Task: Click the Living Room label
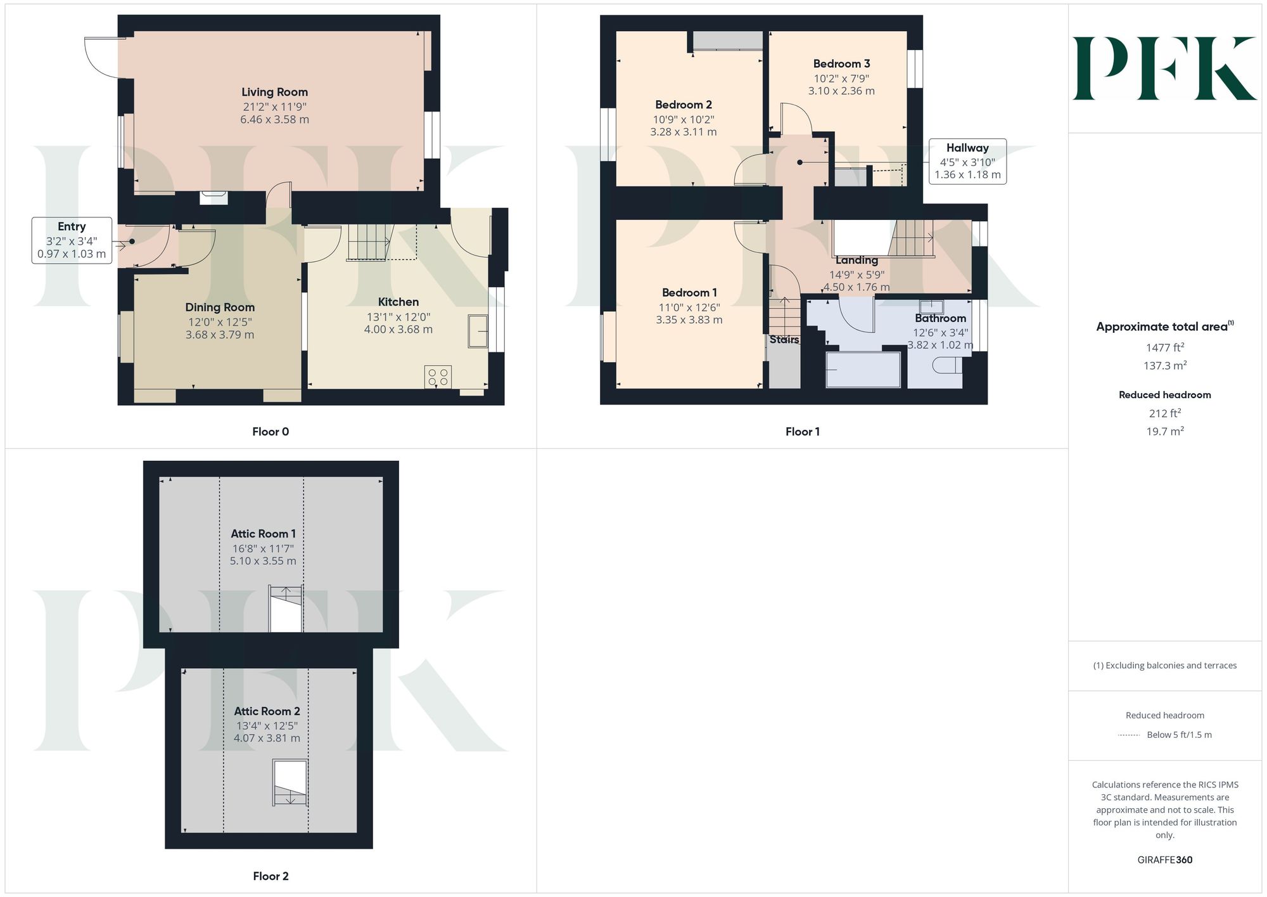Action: click(274, 92)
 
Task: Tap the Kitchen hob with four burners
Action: click(438, 377)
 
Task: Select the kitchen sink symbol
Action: click(478, 331)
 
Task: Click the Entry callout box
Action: click(72, 240)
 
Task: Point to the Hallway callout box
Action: click(967, 161)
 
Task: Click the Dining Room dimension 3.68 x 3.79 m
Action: click(220, 335)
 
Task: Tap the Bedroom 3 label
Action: click(841, 63)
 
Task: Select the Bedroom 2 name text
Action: click(684, 105)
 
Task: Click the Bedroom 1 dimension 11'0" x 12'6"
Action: click(689, 307)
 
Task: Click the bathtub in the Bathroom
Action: click(863, 370)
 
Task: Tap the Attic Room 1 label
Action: click(263, 534)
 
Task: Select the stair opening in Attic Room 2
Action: click(290, 783)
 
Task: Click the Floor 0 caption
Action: click(271, 432)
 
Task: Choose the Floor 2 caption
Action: click(271, 876)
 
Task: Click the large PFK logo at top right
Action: click(1164, 68)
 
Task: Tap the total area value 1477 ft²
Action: click(1165, 347)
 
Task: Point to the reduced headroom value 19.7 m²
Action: click(1165, 431)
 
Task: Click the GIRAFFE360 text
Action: click(1165, 860)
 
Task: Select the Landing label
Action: click(856, 260)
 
